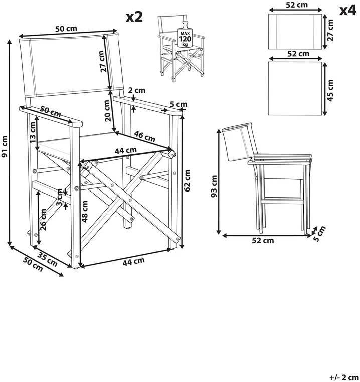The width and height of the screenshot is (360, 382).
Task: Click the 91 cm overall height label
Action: click(x=5, y=146)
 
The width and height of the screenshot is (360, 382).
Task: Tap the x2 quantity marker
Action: click(x=134, y=17)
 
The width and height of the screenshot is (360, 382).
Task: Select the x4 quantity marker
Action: click(x=348, y=11)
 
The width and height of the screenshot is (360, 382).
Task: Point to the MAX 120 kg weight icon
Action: click(x=185, y=35)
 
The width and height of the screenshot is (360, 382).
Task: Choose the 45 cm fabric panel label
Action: click(x=330, y=90)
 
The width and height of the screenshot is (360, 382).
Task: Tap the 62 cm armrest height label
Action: click(x=187, y=180)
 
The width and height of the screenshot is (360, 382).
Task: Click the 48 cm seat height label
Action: click(x=85, y=211)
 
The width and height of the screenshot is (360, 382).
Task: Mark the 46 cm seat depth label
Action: click(x=145, y=136)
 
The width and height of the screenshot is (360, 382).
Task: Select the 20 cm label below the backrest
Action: click(x=107, y=111)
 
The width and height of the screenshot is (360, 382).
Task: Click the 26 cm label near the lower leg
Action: click(x=43, y=219)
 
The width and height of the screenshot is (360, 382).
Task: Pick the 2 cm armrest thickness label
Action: click(x=137, y=90)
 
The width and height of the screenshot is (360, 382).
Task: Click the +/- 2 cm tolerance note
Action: click(x=340, y=377)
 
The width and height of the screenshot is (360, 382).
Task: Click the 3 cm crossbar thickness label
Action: click(x=59, y=197)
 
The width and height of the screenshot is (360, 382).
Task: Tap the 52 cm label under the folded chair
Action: click(x=263, y=241)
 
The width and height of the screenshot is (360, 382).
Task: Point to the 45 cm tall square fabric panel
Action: click(x=295, y=88)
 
